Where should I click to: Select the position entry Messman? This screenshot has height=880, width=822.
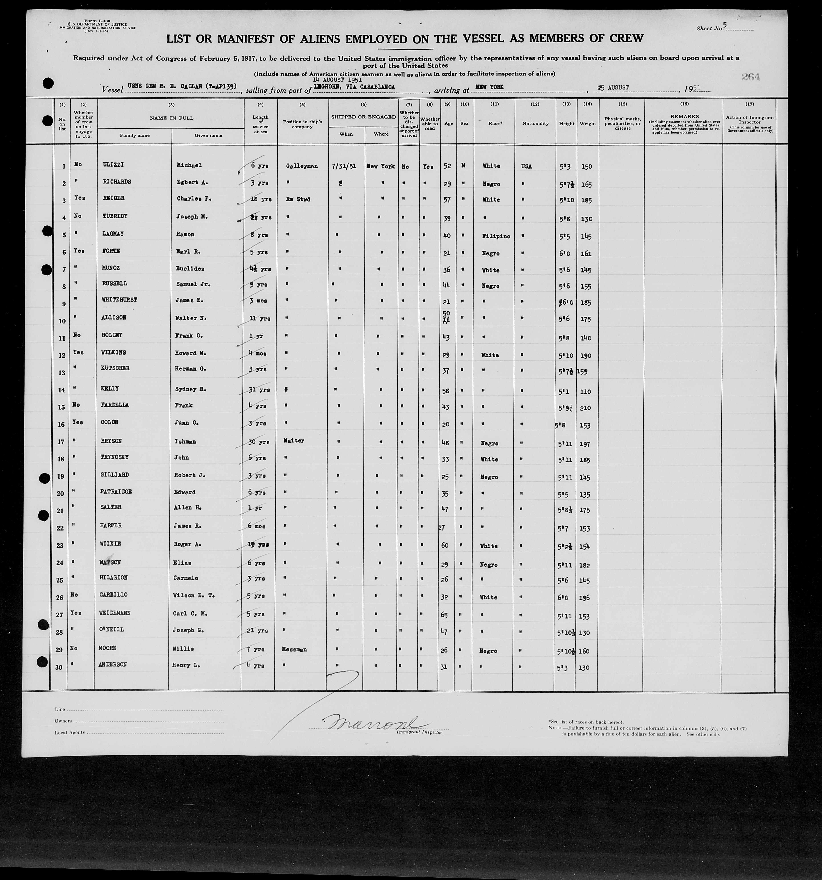pyautogui.click(x=294, y=649)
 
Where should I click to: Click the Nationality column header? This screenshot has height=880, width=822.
pyautogui.click(x=535, y=124)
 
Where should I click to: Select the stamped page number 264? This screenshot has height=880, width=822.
pyautogui.click(x=751, y=77)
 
